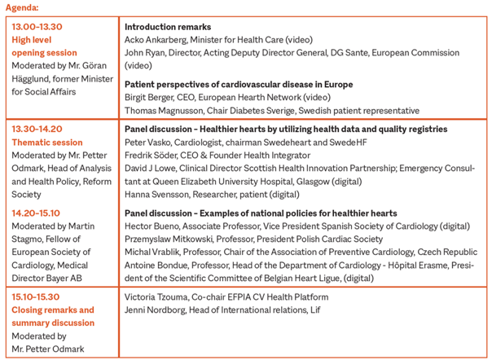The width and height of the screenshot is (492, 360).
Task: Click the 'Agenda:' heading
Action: tap(21, 7)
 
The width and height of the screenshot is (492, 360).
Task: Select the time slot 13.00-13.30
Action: tap(37, 27)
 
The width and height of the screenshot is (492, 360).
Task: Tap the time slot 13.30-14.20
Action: tap(37, 129)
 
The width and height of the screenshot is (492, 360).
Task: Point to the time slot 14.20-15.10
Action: tap(37, 213)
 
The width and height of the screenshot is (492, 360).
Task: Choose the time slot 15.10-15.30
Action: tap(37, 297)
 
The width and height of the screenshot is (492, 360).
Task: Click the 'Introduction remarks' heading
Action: tap(168, 27)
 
